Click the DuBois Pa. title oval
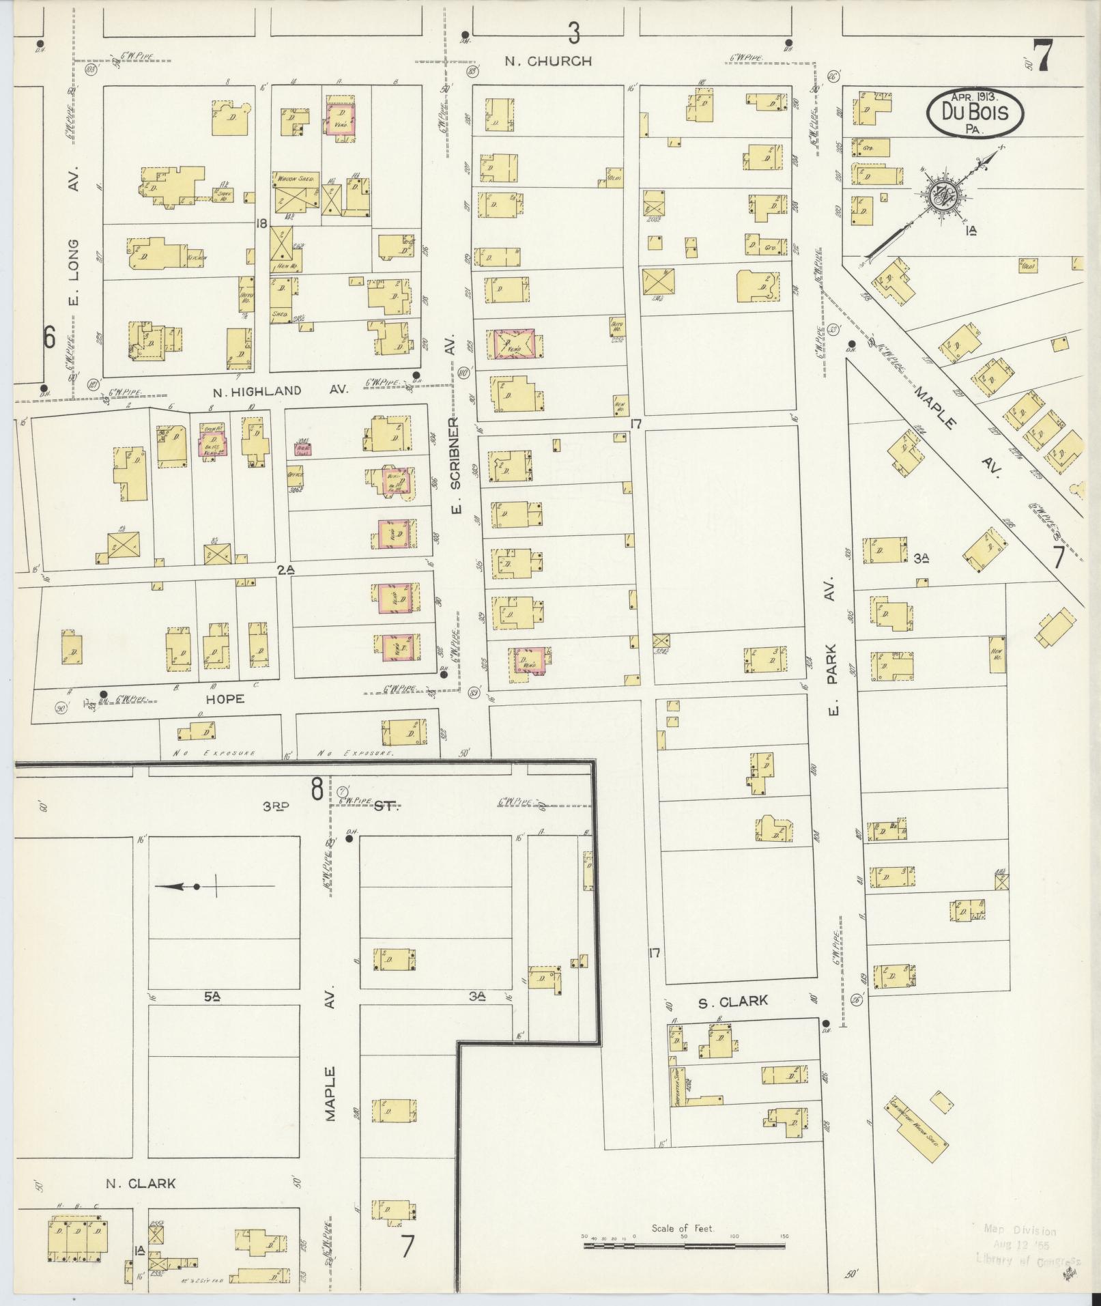975,111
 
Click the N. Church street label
548,61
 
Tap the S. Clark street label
733,1002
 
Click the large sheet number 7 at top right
1041,57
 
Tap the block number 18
260,223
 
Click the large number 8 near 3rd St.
317,790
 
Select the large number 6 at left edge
49,337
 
